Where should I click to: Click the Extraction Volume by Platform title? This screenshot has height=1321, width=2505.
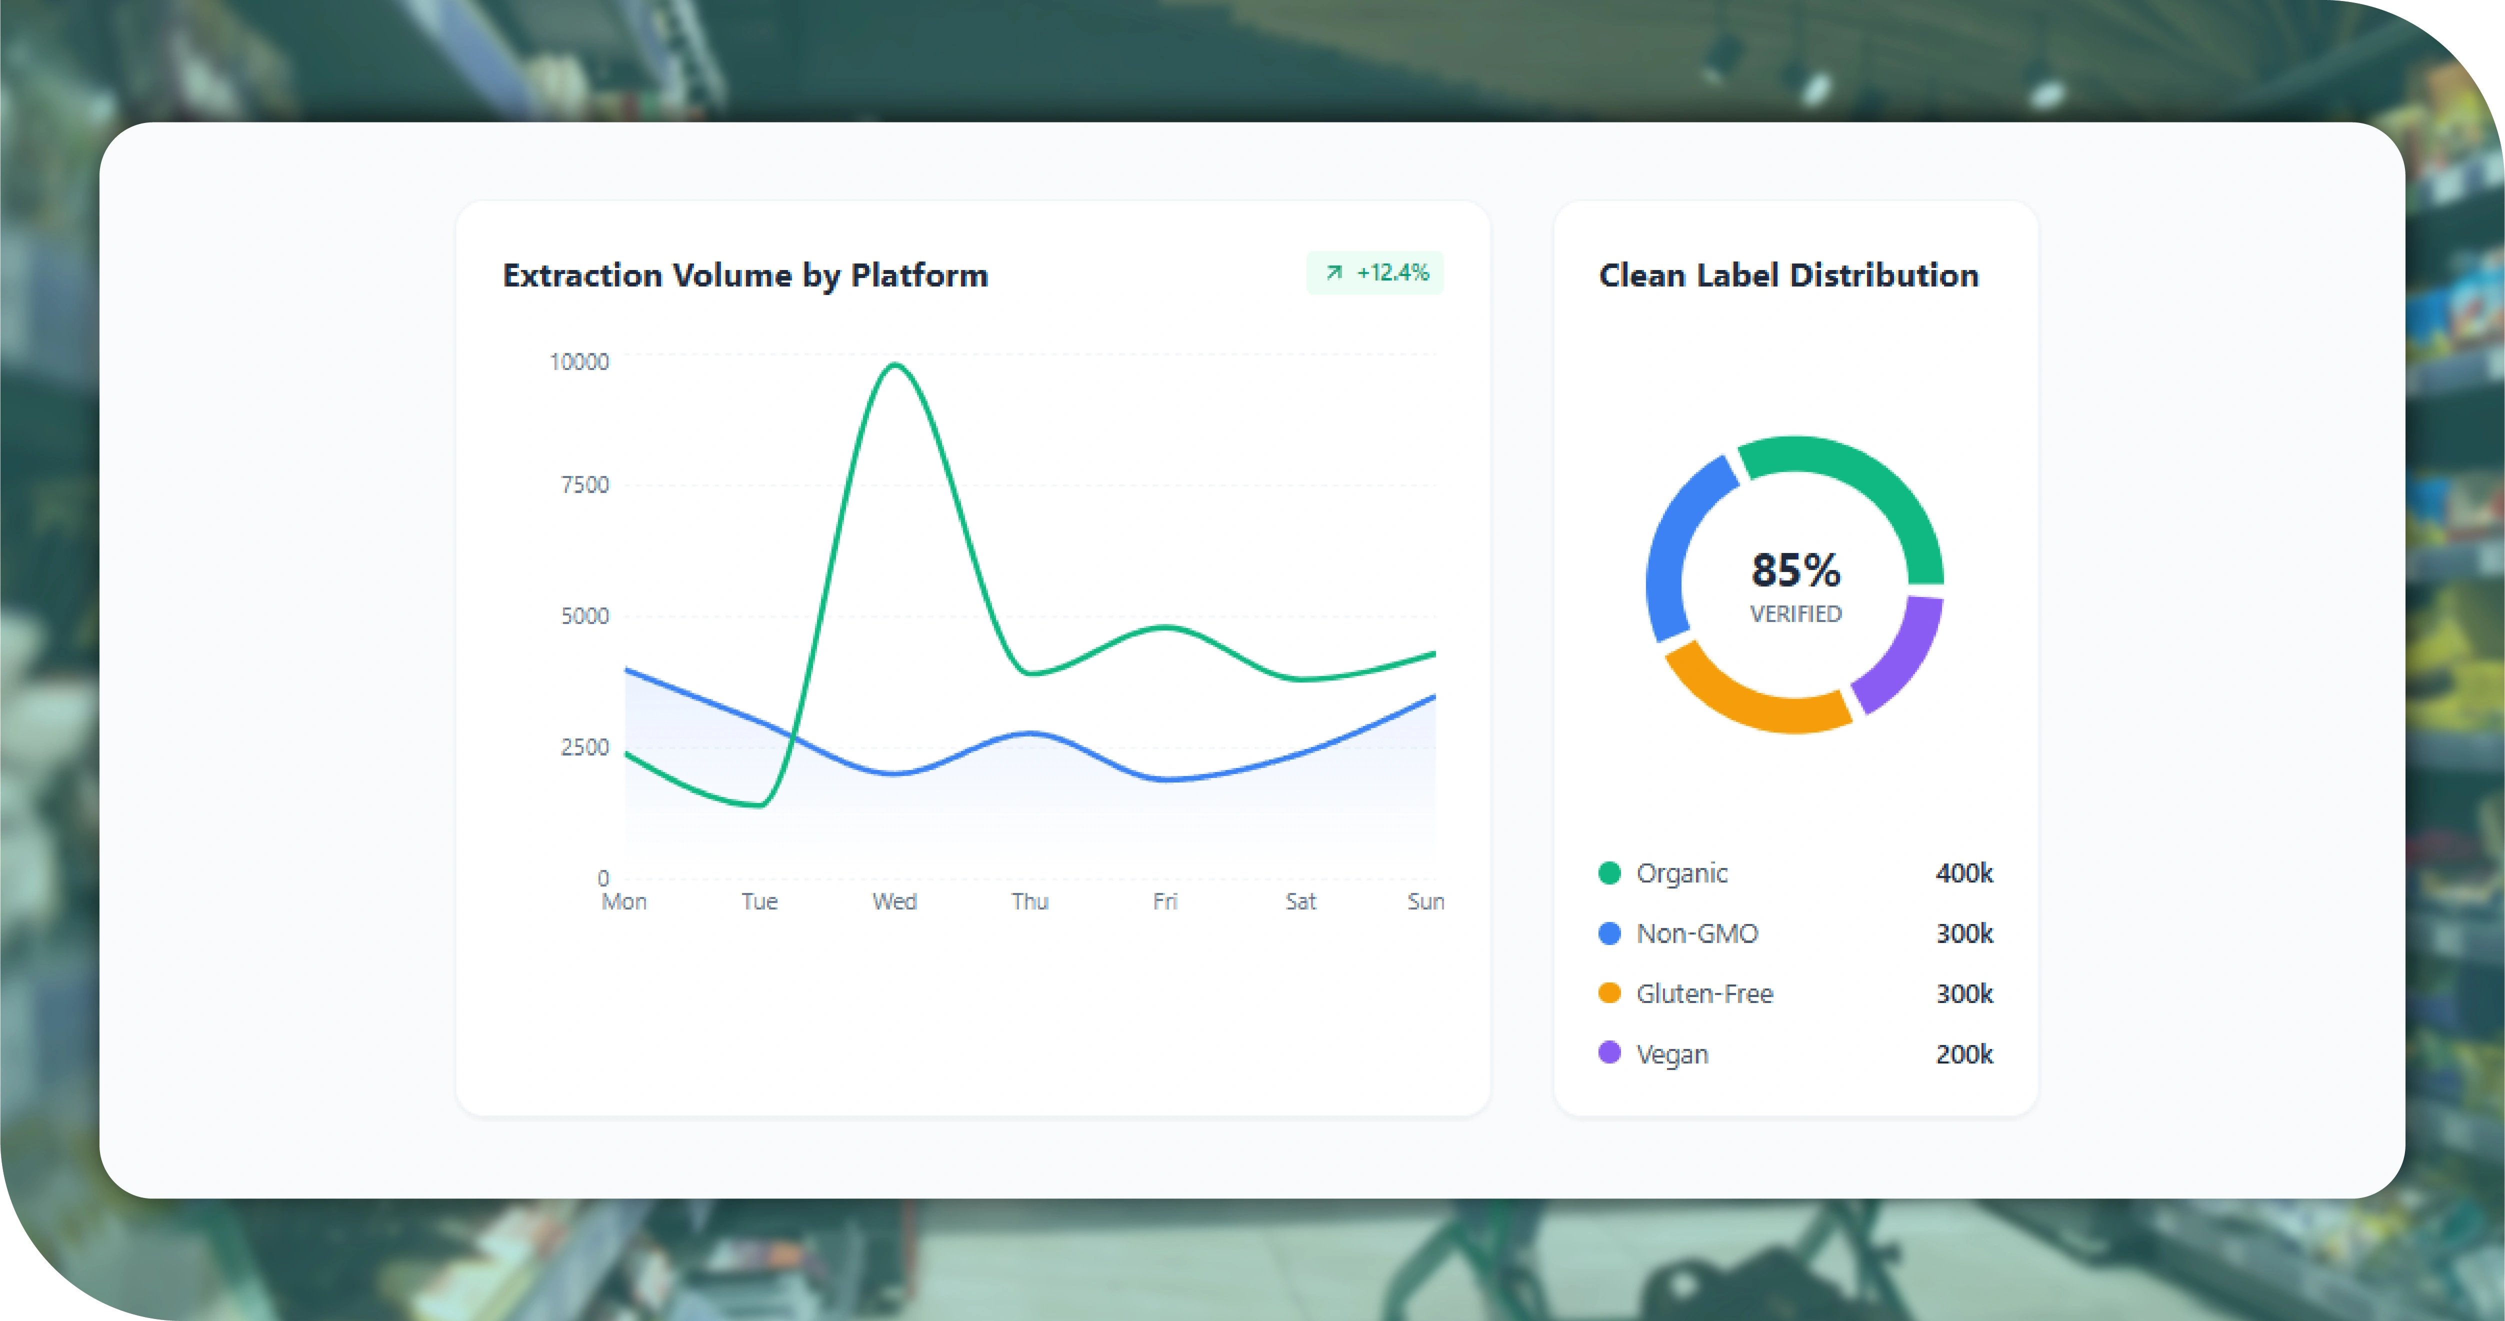point(745,275)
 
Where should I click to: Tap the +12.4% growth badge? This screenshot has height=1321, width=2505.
point(1375,272)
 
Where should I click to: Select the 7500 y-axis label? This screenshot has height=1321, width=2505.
point(584,484)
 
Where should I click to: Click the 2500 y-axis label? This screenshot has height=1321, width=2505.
point(584,747)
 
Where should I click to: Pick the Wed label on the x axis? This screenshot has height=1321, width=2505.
point(893,901)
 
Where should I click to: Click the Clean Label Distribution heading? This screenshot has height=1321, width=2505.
point(1788,275)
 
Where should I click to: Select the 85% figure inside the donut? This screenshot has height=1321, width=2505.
point(1795,570)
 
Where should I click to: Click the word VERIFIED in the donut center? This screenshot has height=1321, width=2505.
point(1795,614)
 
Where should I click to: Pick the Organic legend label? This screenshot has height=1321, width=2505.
point(1681,873)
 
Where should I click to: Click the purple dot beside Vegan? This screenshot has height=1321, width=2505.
point(1609,1052)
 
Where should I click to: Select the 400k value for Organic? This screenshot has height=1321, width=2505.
point(1963,873)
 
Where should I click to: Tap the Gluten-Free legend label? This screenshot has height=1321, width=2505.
point(1703,994)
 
